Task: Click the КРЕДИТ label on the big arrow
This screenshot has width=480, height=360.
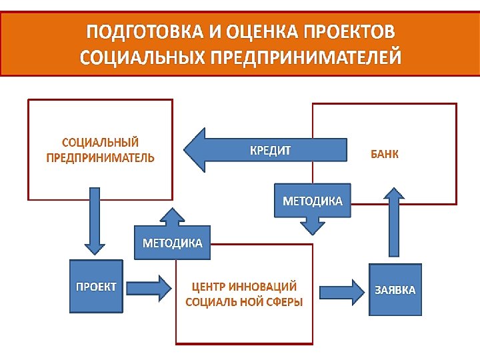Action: (270, 150)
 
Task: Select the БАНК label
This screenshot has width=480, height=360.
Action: (385, 155)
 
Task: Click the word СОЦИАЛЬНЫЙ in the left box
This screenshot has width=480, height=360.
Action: (100, 143)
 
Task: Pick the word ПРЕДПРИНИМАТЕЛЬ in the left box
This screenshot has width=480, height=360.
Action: (100, 158)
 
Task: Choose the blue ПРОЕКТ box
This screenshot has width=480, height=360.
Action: (96, 287)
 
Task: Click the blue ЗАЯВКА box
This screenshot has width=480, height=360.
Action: (395, 290)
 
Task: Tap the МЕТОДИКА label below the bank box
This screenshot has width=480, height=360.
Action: (313, 201)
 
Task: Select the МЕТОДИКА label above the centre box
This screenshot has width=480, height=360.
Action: (173, 243)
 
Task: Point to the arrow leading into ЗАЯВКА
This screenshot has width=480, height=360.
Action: (342, 291)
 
